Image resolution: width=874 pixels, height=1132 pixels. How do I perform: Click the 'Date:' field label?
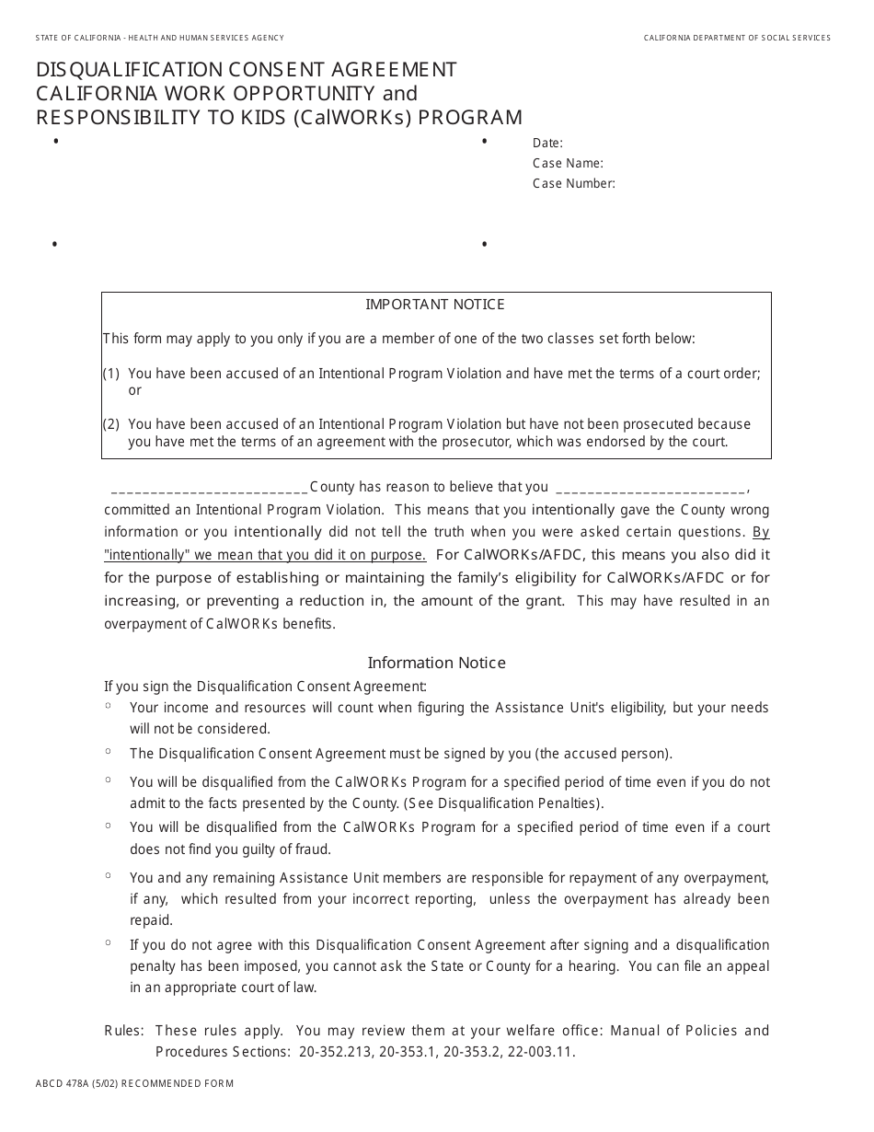(547, 144)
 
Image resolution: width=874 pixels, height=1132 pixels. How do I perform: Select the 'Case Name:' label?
(568, 164)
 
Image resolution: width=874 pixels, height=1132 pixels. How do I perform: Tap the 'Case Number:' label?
(573, 184)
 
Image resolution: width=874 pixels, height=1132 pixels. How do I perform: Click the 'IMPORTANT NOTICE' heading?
(435, 305)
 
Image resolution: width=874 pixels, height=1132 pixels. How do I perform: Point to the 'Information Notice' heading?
(436, 663)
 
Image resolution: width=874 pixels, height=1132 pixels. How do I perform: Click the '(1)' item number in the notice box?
(111, 374)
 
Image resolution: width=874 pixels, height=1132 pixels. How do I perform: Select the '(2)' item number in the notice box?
(111, 424)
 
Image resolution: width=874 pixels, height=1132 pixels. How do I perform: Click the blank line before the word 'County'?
(208, 489)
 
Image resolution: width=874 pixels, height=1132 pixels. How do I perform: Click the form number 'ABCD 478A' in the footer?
(72, 1084)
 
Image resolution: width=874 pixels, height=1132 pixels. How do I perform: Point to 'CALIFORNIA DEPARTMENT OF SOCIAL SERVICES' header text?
(737, 38)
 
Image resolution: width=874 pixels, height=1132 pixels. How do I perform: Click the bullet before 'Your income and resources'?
(109, 706)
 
